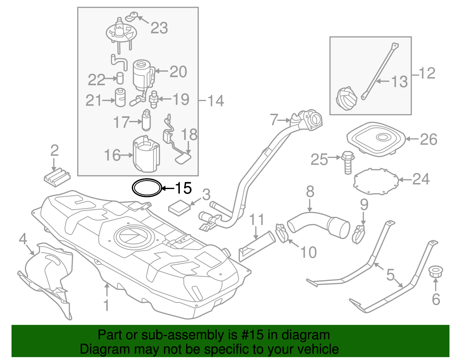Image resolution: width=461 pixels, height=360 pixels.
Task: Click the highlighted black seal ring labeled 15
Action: pyautogui.click(x=146, y=188)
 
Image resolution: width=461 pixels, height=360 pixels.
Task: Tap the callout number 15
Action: pyautogui.click(x=183, y=188)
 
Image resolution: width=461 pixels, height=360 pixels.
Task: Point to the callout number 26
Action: pyautogui.click(x=428, y=140)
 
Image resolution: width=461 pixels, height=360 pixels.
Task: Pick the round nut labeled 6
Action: pyautogui.click(x=435, y=272)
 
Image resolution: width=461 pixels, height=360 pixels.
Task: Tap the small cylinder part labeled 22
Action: pyautogui.click(x=120, y=78)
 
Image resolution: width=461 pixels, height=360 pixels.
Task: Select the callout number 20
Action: pyautogui.click(x=178, y=71)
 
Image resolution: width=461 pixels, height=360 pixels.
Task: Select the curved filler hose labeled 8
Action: pyautogui.click(x=317, y=225)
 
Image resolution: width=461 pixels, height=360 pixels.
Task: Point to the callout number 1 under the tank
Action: pyautogui.click(x=106, y=305)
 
